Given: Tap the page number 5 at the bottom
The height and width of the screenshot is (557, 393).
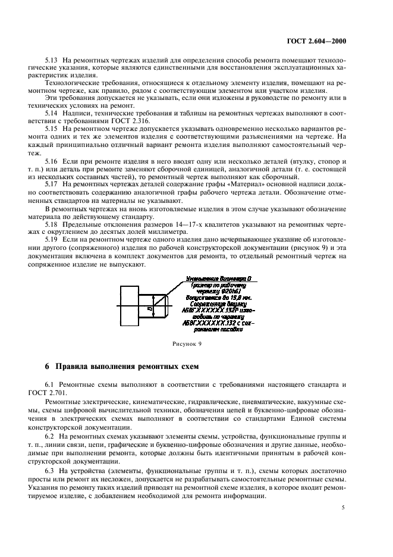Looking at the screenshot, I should [x=343, y=507].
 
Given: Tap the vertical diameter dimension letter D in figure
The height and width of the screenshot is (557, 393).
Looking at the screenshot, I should [x=150, y=309].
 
